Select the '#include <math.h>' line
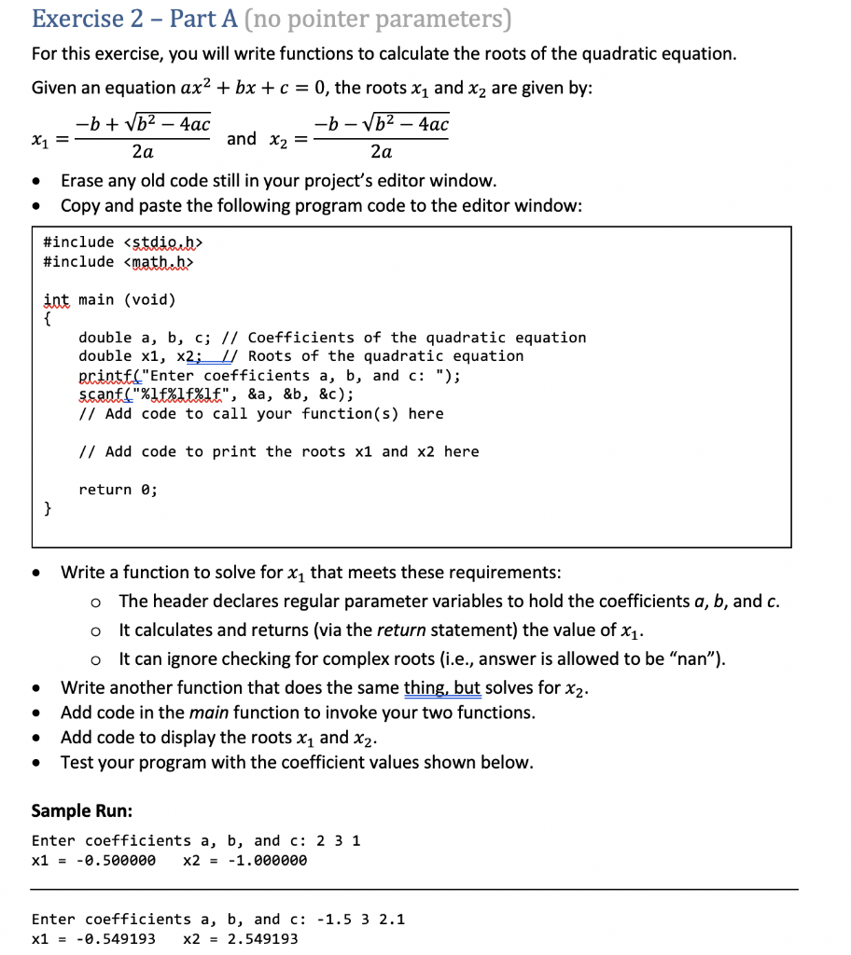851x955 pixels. click(119, 261)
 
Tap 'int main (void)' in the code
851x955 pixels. click(109, 299)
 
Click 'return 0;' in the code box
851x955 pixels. click(118, 490)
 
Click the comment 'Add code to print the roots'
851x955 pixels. click(279, 451)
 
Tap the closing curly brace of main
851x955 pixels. click(48, 508)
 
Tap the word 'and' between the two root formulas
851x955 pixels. click(241, 139)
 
